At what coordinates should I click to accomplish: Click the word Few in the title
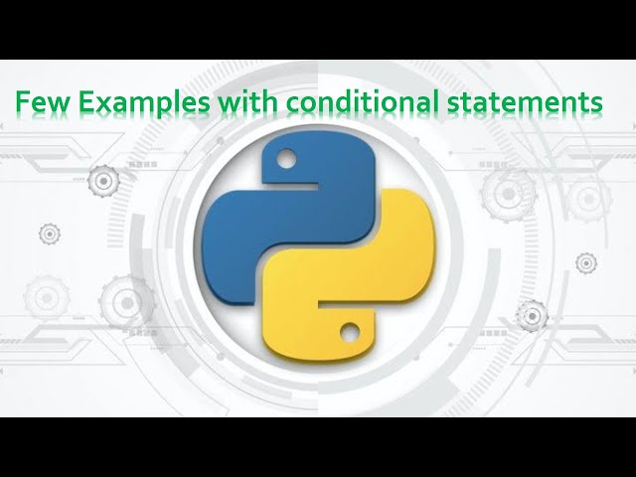39,102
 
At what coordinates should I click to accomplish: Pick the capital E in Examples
80,102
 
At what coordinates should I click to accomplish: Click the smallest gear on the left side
50,234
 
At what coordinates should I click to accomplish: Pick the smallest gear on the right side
586,262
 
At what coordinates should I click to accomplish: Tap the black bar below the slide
318,447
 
